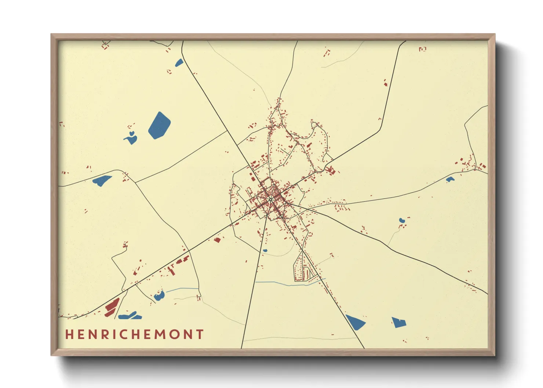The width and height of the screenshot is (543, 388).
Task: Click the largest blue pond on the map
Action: (159, 125)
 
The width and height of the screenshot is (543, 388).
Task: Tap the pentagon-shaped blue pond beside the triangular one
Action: (398, 322)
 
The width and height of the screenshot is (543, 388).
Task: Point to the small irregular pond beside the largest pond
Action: (131, 139)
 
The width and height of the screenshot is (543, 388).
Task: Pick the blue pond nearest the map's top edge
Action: (179, 63)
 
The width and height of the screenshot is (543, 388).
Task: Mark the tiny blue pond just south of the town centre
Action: (265, 251)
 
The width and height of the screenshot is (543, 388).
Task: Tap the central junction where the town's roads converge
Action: (270, 199)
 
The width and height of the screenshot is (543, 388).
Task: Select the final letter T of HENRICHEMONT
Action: (200, 334)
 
